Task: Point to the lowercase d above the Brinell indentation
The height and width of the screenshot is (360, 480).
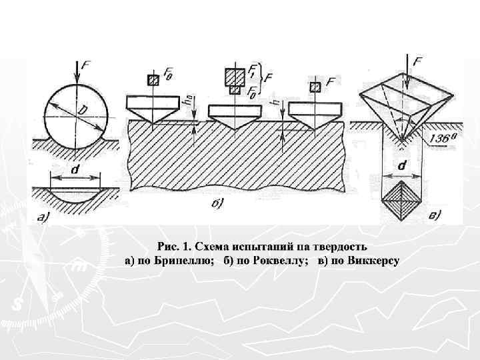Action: point(74,171)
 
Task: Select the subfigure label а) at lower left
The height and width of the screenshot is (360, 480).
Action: point(44,215)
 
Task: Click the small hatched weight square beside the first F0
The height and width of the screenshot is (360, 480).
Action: point(154,80)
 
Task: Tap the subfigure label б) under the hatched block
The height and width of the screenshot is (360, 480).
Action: point(218,202)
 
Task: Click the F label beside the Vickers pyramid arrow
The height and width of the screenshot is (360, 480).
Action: point(419,62)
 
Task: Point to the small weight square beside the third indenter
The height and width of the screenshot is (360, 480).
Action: point(315,87)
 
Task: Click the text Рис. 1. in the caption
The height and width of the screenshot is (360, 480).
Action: point(175,247)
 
